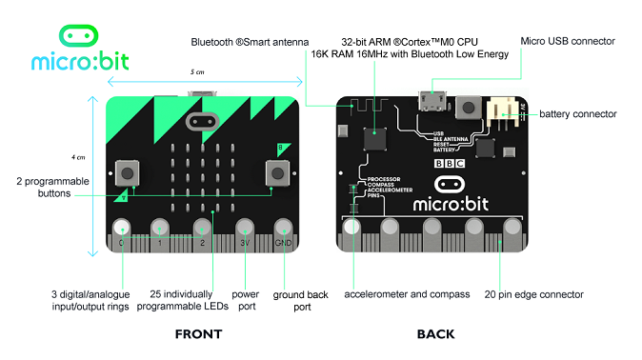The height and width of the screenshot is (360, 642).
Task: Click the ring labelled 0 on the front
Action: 121,229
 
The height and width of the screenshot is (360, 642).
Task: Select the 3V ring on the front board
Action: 244,229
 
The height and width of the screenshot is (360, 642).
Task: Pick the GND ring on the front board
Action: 284,229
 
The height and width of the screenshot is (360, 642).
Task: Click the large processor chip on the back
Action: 374,140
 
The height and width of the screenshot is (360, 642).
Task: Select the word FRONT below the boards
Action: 198,334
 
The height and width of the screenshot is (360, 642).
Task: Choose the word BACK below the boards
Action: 435,334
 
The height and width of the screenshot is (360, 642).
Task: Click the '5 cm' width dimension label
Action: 196,72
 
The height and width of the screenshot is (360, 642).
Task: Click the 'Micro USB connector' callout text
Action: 568,41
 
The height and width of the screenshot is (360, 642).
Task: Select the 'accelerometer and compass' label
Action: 407,294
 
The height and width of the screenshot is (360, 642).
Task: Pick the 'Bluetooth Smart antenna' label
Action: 250,42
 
